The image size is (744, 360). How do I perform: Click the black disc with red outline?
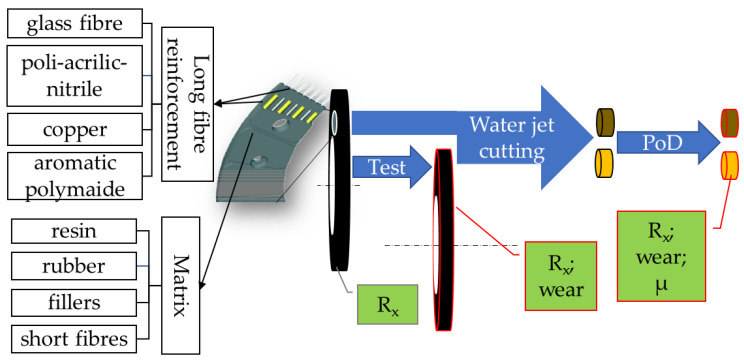click(440, 240)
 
